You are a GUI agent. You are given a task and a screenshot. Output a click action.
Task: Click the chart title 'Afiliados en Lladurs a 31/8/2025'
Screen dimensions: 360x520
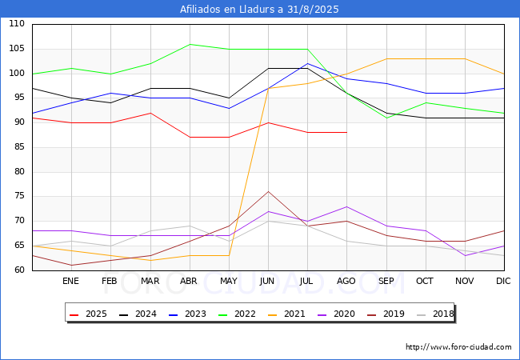(x=260, y=10)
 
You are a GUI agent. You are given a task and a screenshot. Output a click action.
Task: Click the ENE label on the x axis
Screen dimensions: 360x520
(x=71, y=281)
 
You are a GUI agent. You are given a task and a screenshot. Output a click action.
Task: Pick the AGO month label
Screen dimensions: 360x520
(x=346, y=281)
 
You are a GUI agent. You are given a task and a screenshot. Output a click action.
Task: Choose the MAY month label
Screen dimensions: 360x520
(x=228, y=281)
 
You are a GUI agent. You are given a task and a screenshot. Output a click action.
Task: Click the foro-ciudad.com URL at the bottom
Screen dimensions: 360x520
(x=458, y=347)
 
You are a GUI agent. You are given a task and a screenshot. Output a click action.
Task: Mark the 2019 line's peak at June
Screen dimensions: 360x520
(x=268, y=191)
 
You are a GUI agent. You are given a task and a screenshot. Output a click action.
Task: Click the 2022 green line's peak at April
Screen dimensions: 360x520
(x=190, y=44)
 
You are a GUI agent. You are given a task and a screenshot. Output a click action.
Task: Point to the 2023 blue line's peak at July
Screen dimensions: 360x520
(x=307, y=64)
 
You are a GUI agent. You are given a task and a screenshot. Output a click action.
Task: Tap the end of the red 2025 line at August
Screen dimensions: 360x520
(x=346, y=133)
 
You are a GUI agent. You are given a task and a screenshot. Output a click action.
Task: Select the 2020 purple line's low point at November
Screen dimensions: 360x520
(x=465, y=255)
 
